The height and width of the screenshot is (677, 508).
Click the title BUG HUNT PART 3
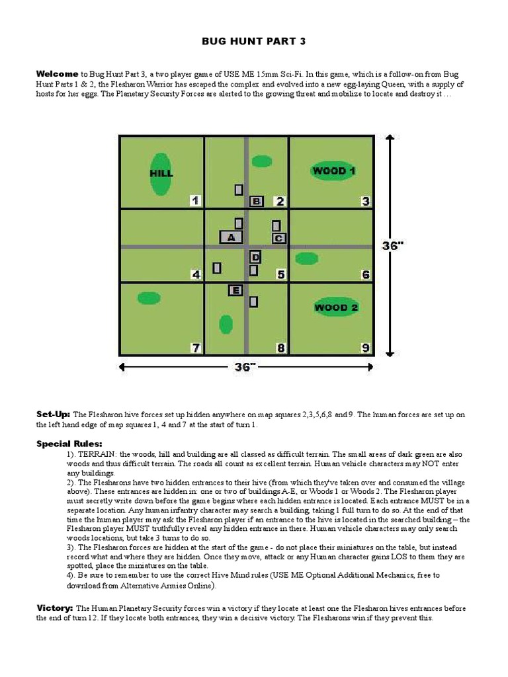click(x=254, y=42)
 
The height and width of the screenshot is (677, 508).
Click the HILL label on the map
click(x=161, y=174)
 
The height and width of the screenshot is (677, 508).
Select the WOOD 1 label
click(x=334, y=171)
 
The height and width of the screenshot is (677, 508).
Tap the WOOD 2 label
click(x=336, y=307)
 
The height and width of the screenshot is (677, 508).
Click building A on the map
click(x=231, y=237)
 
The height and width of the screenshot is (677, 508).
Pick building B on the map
click(x=257, y=201)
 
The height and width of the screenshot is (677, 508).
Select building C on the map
click(x=278, y=238)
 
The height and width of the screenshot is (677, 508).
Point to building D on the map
click(x=255, y=257)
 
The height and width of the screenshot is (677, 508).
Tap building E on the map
click(x=235, y=290)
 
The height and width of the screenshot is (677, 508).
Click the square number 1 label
click(x=194, y=201)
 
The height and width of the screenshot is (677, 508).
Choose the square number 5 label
click(x=280, y=274)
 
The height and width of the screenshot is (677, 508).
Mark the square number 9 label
click(x=365, y=348)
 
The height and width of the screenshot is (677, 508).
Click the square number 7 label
click(x=195, y=348)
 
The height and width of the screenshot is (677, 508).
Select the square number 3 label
click(x=365, y=201)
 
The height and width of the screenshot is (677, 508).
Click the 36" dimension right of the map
click(x=392, y=245)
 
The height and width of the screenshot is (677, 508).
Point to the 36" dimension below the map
click(x=244, y=367)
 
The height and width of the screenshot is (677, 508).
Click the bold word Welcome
click(x=58, y=73)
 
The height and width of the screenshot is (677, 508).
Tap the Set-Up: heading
click(x=54, y=414)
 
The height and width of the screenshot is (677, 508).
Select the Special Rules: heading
click(x=69, y=444)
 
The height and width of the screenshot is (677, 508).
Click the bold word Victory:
click(x=55, y=607)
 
